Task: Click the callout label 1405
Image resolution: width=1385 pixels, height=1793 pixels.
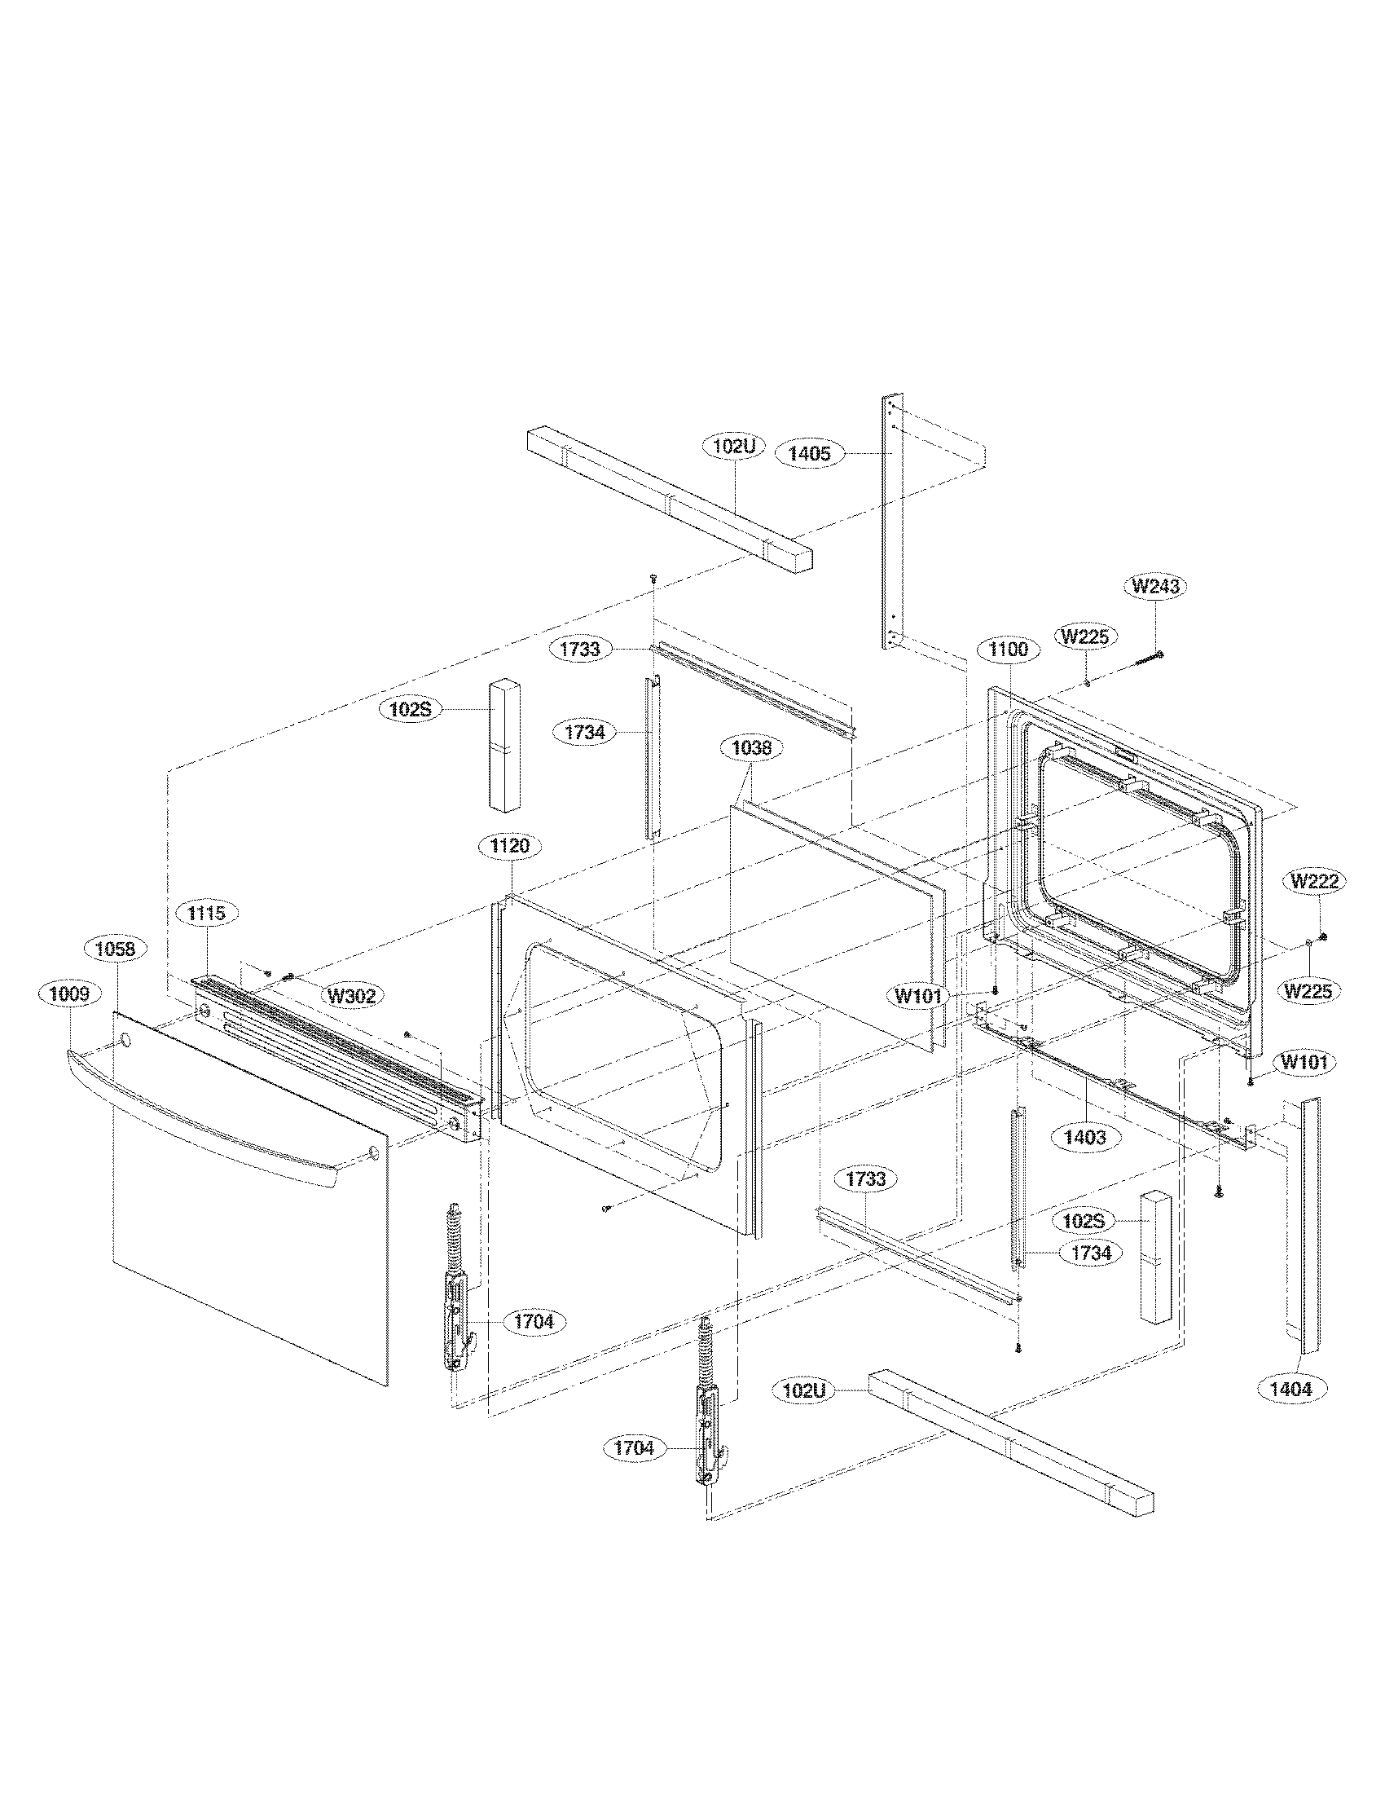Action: click(810, 453)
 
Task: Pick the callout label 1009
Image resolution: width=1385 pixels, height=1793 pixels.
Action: click(70, 994)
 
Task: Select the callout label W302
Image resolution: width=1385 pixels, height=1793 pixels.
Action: click(351, 996)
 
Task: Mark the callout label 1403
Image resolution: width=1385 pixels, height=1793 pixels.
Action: click(1084, 1137)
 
